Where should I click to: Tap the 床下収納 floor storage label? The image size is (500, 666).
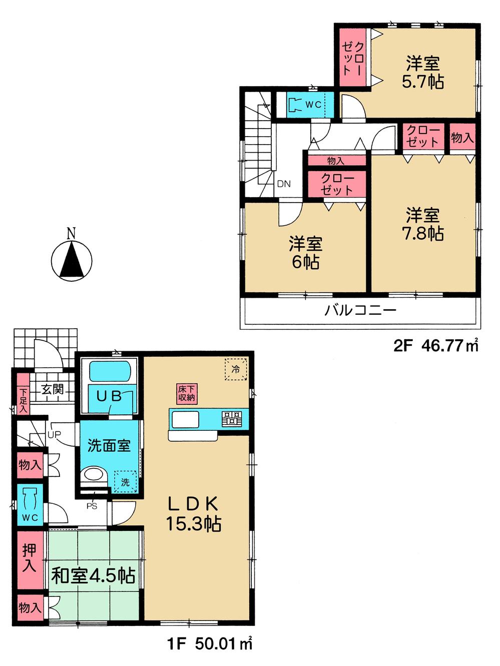click(186, 393)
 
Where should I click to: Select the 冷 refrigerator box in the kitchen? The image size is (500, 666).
click(235, 369)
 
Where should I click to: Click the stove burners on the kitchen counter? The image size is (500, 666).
click(232, 418)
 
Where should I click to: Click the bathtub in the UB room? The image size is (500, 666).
click(110, 372)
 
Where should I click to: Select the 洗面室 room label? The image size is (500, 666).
click(109, 445)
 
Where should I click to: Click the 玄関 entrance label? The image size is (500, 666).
click(52, 389)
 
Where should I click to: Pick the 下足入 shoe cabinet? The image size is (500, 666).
click(23, 401)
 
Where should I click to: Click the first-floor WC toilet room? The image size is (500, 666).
click(30, 504)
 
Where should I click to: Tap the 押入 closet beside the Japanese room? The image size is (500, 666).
click(30, 559)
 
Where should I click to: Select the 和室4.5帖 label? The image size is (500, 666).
click(94, 575)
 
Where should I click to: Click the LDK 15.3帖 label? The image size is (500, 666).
click(193, 513)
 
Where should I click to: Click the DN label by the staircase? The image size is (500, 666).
click(284, 184)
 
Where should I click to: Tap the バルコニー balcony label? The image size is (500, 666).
click(360, 310)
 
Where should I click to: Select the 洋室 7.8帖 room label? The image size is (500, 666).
click(423, 225)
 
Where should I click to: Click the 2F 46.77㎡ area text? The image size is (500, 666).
click(435, 345)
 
